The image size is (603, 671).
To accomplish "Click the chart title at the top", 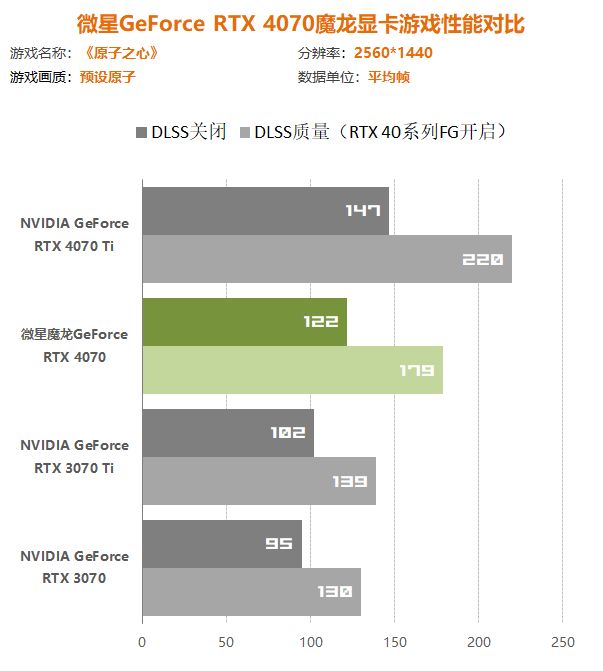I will click(301, 23).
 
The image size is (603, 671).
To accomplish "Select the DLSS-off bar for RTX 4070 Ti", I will click(265, 211).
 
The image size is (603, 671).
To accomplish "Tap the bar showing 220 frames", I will click(327, 259).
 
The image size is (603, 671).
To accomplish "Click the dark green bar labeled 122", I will click(244, 322).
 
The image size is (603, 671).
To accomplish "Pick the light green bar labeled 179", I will click(292, 370).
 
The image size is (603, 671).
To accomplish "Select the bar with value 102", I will click(228, 433).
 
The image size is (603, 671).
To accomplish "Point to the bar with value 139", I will click(259, 481).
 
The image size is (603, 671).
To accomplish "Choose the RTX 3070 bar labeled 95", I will click(222, 544).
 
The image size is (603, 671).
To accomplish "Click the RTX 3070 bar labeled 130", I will click(251, 592).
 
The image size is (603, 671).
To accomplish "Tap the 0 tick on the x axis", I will click(142, 641).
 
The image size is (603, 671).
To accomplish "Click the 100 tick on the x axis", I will click(311, 641).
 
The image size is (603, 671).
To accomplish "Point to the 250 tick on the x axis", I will click(563, 641).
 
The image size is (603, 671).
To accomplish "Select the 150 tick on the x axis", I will click(395, 641).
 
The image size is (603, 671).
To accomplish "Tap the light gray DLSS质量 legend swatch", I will click(243, 132).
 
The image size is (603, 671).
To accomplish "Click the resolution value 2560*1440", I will click(393, 53).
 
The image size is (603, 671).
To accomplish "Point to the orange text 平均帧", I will click(388, 77).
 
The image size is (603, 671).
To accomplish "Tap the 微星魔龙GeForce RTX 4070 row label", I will click(75, 345).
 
